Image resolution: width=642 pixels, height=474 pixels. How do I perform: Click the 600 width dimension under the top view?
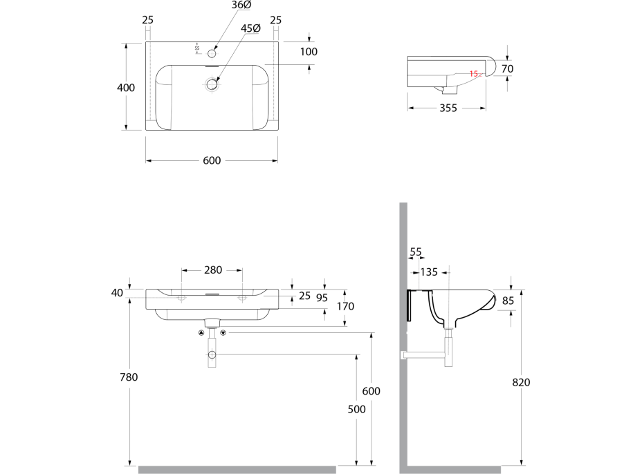pos(212,160)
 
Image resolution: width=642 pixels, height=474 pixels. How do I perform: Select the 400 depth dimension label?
pos(126,88)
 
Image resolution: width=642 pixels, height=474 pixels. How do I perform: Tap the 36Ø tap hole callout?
pos(241,5)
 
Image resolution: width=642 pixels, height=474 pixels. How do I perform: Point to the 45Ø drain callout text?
pos(250,28)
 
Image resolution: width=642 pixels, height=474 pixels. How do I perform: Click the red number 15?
pos(474,73)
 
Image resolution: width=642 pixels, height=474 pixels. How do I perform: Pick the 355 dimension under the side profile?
pos(448,108)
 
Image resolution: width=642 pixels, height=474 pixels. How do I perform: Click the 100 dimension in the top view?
pos(309,52)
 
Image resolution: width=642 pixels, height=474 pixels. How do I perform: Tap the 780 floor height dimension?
pos(129,377)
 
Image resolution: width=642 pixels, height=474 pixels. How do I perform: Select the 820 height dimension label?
pos(522,382)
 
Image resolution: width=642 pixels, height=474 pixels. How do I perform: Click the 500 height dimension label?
pos(356,409)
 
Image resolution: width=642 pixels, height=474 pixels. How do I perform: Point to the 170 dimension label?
pos(346,306)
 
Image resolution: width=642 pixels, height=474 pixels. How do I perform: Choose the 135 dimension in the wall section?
pos(429,272)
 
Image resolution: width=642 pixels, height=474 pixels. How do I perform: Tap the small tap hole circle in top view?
pos(212,53)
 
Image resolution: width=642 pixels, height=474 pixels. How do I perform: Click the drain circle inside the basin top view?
pos(212,84)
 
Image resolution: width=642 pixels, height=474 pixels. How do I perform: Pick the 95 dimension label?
pos(322,298)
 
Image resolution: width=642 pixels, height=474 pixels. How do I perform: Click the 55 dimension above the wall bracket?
pos(416,252)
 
